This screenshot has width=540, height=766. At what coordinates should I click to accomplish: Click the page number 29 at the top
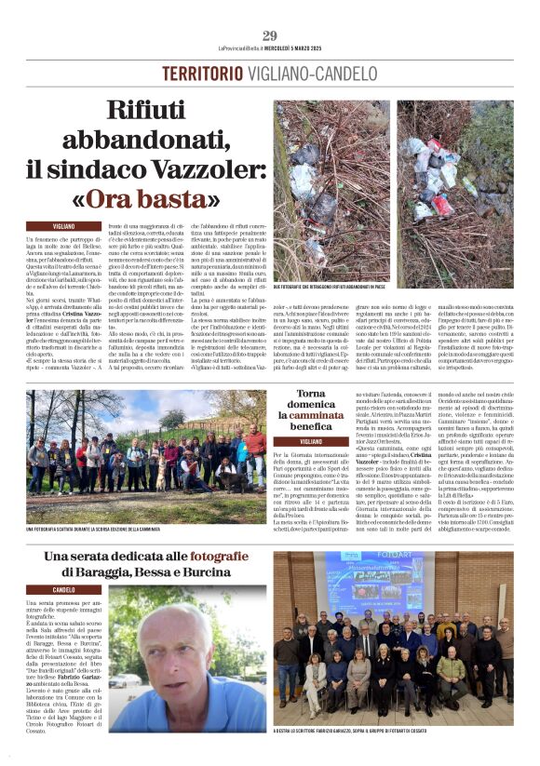tap(269, 35)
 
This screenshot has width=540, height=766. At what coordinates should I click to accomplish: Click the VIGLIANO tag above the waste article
tap(64, 225)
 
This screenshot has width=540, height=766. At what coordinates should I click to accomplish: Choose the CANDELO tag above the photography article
tap(64, 590)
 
